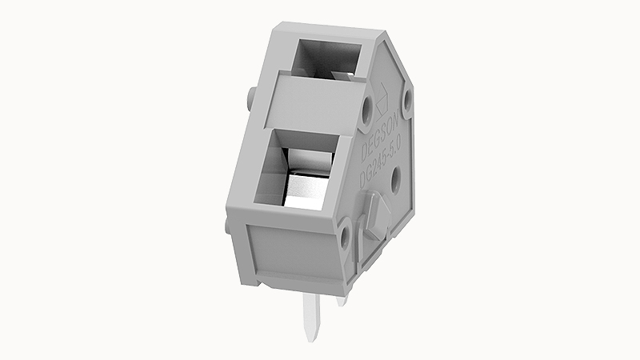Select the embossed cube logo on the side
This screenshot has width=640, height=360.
383,94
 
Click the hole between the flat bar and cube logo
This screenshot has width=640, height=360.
367,106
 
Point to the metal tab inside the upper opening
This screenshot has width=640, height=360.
340,74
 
